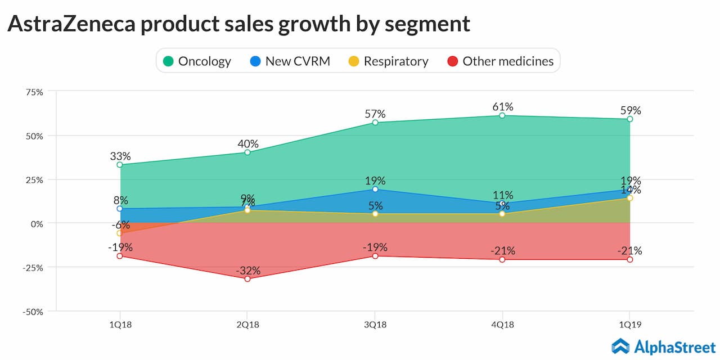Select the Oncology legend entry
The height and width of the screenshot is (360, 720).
coord(197,61)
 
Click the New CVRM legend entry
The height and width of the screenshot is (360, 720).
coord(290,61)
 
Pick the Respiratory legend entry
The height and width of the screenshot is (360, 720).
coord(389,61)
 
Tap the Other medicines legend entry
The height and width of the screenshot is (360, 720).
coord(501,61)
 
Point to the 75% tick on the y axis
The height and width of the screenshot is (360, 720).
coord(34,92)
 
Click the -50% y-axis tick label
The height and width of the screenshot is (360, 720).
coord(32,312)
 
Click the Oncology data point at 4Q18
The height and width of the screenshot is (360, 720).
coord(502,115)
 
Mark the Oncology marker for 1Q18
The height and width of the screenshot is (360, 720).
coord(120,165)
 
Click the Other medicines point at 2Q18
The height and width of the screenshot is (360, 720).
coord(247,279)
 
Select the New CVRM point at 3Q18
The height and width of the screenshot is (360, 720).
coord(375,190)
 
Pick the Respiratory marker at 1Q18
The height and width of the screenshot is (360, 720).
coord(120,233)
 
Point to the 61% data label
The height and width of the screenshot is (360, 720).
coord(502,106)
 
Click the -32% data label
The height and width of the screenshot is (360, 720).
coord(247,270)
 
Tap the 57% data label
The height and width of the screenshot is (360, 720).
coord(375,114)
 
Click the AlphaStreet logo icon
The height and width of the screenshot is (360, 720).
coord(620,346)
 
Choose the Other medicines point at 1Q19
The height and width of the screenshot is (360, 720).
coord(630,259)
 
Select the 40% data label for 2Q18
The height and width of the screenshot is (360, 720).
coord(247,143)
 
